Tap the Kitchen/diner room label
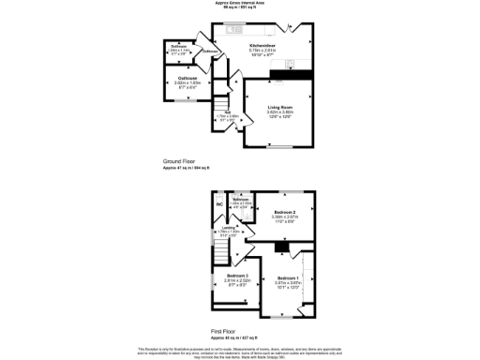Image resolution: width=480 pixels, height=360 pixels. click(262, 45)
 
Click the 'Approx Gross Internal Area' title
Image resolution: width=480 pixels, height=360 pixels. click(241, 3)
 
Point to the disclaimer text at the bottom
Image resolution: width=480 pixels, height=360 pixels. click(241, 351)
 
